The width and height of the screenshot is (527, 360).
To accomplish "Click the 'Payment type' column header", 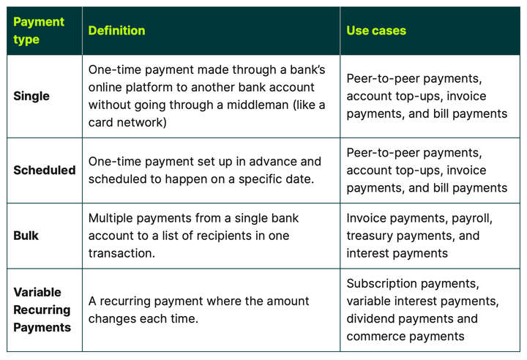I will pyautogui.click(x=39, y=31).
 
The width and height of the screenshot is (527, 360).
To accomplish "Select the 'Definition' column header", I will pyautogui.click(x=116, y=31).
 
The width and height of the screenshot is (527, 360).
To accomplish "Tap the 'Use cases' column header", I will pyautogui.click(x=376, y=31).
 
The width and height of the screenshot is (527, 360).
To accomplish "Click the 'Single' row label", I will pyautogui.click(x=31, y=96).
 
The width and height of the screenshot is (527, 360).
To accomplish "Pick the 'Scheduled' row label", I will pyautogui.click(x=44, y=170).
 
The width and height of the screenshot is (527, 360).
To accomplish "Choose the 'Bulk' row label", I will pyautogui.click(x=26, y=236).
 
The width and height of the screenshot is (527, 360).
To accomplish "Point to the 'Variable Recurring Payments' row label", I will pyautogui.click(x=42, y=310).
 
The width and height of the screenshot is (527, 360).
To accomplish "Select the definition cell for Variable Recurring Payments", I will pyautogui.click(x=211, y=310).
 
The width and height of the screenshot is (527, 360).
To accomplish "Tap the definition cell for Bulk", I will pyautogui.click(x=211, y=236).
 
